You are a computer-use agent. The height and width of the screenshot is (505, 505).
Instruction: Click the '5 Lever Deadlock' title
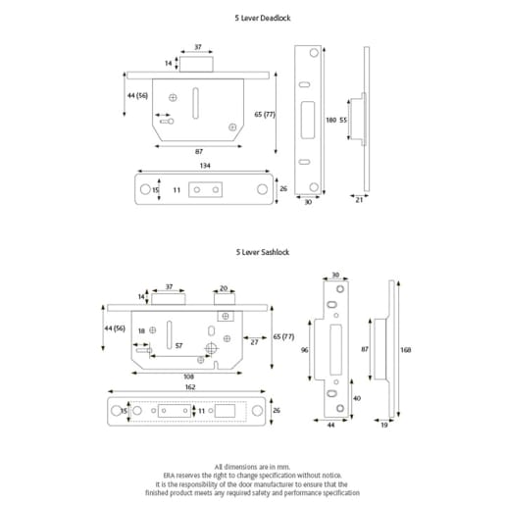pos(262,18)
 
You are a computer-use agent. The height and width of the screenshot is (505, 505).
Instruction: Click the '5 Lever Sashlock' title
pos(262,252)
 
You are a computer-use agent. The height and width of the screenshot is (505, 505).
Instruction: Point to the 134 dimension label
pos(204,166)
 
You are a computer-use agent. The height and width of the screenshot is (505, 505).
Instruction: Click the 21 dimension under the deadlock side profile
pos(360,199)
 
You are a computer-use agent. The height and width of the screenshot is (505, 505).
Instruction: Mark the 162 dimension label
pos(189,387)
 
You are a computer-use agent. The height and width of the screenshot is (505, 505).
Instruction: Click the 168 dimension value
pos(405,349)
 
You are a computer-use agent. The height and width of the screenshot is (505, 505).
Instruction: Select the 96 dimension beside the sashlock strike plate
pos(305,349)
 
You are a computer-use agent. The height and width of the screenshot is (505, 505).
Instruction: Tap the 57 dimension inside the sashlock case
pos(177,346)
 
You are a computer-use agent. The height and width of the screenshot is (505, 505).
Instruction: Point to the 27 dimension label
pos(254,342)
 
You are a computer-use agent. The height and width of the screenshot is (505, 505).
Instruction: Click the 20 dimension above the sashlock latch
pos(224,288)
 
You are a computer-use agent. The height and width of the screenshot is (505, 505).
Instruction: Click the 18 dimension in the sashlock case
pos(142,331)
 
